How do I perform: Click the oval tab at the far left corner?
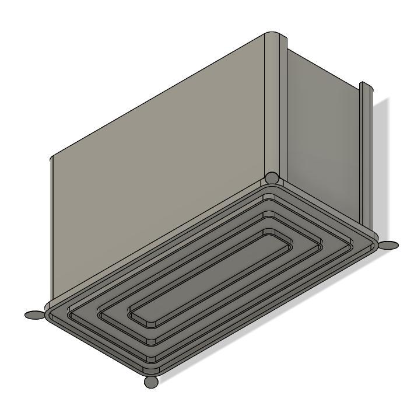pos(35,315)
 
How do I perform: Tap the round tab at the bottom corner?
pos(151,382)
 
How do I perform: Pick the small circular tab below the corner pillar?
pos(271,178)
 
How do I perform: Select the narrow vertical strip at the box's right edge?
pos(366,158)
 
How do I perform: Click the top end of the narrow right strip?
pos(365,86)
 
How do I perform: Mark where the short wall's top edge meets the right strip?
pos(359,92)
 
